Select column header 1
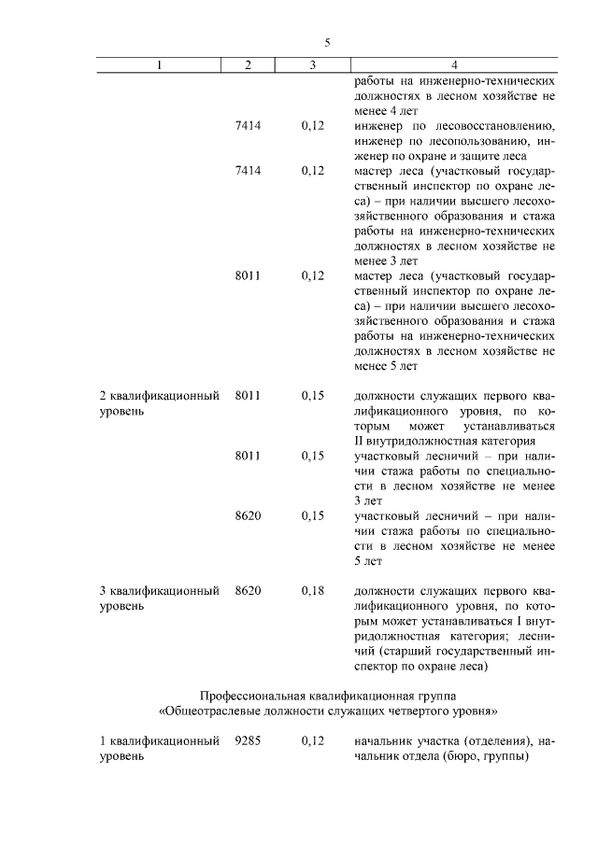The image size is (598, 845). click(159, 64)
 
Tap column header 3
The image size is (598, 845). click(313, 64)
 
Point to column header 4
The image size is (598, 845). click(454, 64)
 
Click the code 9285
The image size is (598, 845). click(248, 741)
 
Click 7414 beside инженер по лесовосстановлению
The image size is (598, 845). click(248, 125)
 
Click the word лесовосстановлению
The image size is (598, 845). click(494, 125)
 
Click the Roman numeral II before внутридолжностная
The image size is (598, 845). click(361, 440)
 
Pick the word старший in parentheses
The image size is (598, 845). click(411, 651)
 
